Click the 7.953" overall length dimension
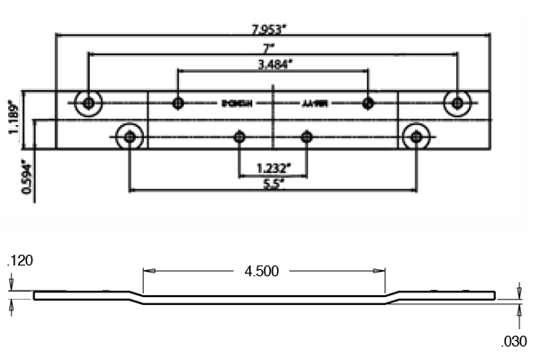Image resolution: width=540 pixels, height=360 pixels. coord(272,26)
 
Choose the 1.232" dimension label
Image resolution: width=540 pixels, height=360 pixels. coord(273,167)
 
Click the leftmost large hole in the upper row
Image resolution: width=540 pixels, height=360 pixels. coord(88,103)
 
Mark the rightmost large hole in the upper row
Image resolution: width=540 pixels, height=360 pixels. coord(458,103)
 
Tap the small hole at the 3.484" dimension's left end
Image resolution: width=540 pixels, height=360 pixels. coord(178,103)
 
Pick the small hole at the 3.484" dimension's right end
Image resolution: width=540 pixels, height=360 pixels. coord(367,103)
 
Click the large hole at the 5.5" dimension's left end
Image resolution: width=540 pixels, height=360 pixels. coord(131,137)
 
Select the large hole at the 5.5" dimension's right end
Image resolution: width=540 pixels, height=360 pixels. coord(415,137)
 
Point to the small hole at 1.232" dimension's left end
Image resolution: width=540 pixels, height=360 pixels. coord(239,137)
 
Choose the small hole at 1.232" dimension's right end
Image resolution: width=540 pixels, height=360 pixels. coord(307,137)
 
